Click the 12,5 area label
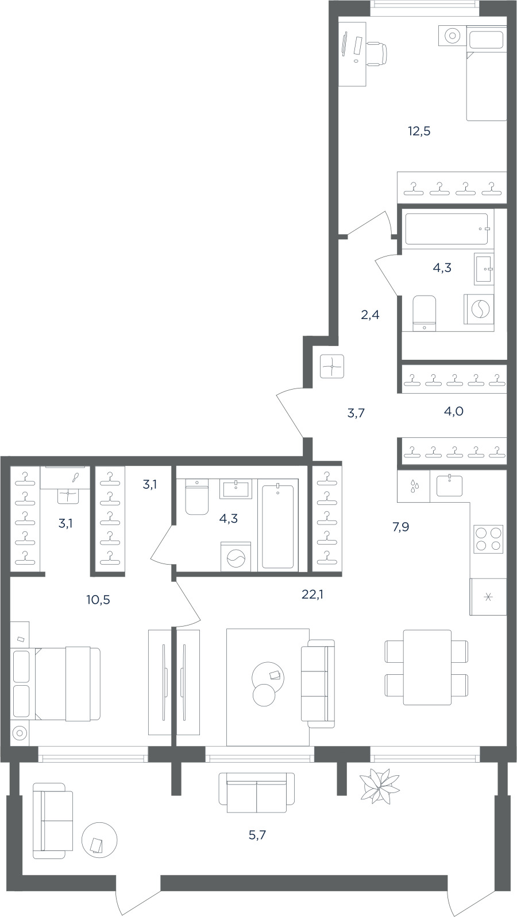[x=419, y=131]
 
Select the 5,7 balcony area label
[x=257, y=835]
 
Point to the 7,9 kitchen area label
[x=400, y=527]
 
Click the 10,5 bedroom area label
[x=98, y=600]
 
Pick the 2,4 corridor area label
[x=370, y=315]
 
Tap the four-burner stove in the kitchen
[x=488, y=539]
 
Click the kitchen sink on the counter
[x=449, y=485]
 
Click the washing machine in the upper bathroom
[x=479, y=309]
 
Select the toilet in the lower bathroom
[x=196, y=496]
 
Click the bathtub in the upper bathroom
[x=446, y=230]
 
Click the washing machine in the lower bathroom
[x=236, y=557]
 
